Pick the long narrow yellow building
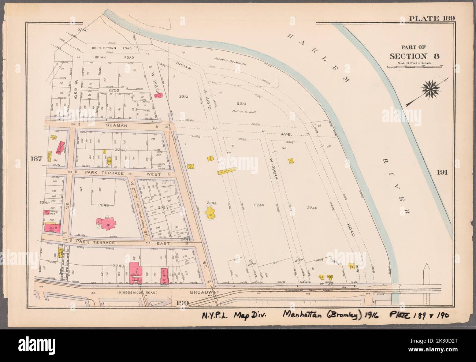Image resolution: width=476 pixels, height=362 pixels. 227,171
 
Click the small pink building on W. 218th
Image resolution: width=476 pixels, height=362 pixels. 159,95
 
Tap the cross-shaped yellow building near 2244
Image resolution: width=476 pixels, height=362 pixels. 211,213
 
